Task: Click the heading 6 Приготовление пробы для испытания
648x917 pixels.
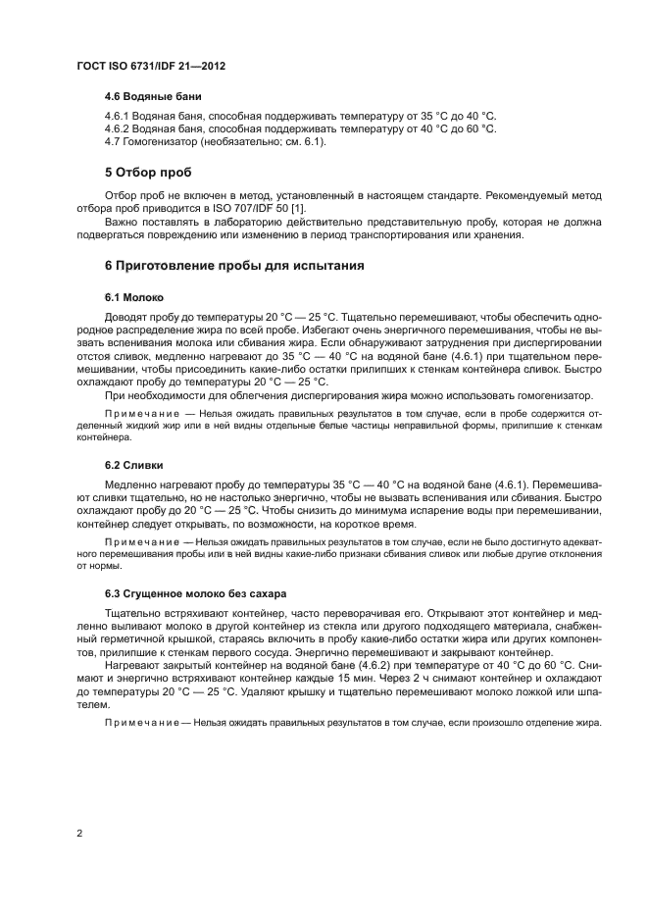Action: click(233, 265)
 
